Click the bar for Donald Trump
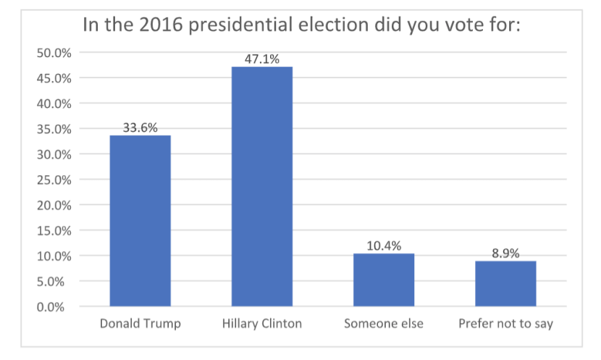(140, 221)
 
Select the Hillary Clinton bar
(261, 186)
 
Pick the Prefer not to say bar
(505, 283)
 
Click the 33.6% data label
(140, 128)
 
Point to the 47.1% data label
(261, 59)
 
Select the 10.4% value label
(384, 246)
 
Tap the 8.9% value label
(505, 254)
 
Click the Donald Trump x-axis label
(140, 323)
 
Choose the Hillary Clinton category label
(261, 323)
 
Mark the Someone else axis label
(384, 323)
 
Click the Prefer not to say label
(505, 323)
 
